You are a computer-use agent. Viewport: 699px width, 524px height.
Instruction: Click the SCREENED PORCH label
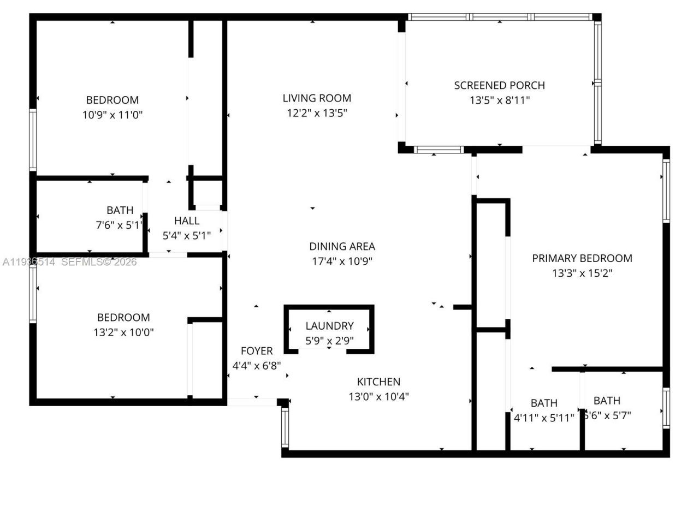point(499,85)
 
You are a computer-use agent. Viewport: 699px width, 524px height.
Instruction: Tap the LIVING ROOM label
point(317,98)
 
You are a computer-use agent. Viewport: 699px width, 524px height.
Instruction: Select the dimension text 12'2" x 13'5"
point(317,113)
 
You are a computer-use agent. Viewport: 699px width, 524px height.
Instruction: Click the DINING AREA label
point(342,246)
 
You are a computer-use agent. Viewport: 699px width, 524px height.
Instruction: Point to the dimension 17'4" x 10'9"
point(342,261)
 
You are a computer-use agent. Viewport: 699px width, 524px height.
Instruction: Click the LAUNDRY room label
point(329,326)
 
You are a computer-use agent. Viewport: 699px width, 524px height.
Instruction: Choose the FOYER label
point(257,351)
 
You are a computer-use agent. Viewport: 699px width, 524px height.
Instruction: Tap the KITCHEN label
point(378,382)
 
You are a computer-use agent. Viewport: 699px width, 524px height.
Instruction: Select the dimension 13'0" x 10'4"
point(378,397)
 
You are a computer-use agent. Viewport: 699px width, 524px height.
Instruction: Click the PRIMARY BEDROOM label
point(582,258)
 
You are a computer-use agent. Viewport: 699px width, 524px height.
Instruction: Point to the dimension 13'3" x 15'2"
point(582,273)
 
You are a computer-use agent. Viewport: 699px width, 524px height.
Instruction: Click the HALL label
point(187,221)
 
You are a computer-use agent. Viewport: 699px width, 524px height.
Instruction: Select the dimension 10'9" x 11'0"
point(112,115)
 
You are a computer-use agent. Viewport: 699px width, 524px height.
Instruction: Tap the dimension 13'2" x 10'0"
point(123,332)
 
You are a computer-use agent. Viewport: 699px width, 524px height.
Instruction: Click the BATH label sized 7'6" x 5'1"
point(120,210)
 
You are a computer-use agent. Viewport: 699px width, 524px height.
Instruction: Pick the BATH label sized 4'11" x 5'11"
point(544,403)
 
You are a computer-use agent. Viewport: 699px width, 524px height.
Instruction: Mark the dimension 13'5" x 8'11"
point(499,100)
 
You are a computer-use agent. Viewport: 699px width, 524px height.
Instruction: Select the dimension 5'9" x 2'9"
point(329,341)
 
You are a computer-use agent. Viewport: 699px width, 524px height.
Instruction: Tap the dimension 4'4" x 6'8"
point(257,366)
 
